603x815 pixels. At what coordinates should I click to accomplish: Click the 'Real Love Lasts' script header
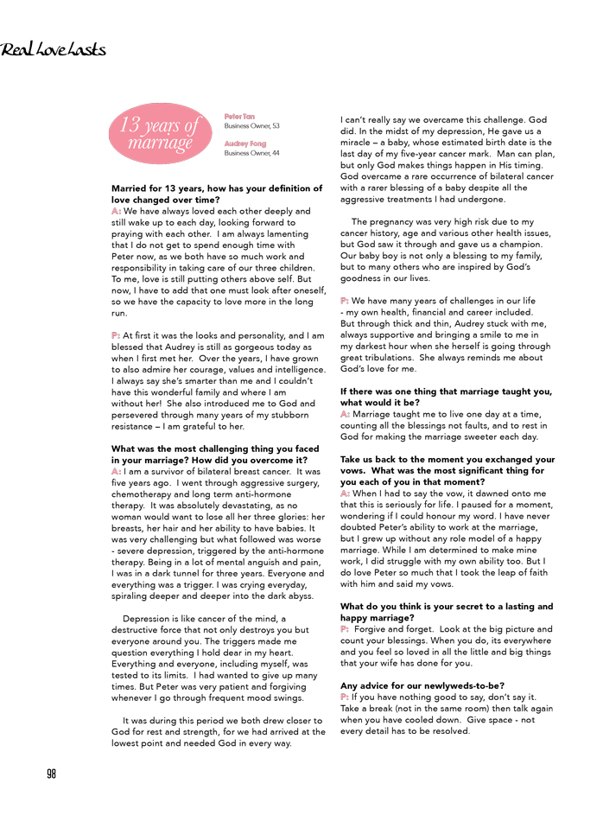(x=54, y=49)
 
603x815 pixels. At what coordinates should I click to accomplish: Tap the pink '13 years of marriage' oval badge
(x=160, y=134)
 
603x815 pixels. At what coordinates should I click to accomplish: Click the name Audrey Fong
(x=245, y=143)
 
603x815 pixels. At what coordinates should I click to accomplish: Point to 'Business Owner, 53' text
(x=251, y=125)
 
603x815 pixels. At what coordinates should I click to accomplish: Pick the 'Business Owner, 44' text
(x=251, y=153)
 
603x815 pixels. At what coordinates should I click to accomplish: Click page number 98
(x=51, y=774)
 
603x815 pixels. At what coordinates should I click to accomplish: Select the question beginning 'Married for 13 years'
(x=216, y=194)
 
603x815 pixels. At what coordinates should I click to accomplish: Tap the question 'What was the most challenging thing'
(x=215, y=455)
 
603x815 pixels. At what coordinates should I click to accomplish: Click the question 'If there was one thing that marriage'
(x=446, y=397)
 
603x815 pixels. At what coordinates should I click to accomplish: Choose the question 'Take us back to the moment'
(x=447, y=470)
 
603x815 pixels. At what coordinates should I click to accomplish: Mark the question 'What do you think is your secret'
(x=447, y=612)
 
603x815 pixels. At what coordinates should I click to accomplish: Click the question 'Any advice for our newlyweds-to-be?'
(x=422, y=686)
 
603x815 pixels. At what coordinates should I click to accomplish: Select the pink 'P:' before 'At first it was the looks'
(x=115, y=334)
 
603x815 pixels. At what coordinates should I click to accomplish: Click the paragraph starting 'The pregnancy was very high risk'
(x=446, y=250)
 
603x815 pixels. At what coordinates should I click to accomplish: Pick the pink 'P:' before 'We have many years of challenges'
(x=345, y=301)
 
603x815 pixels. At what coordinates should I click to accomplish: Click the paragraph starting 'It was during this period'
(x=218, y=731)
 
